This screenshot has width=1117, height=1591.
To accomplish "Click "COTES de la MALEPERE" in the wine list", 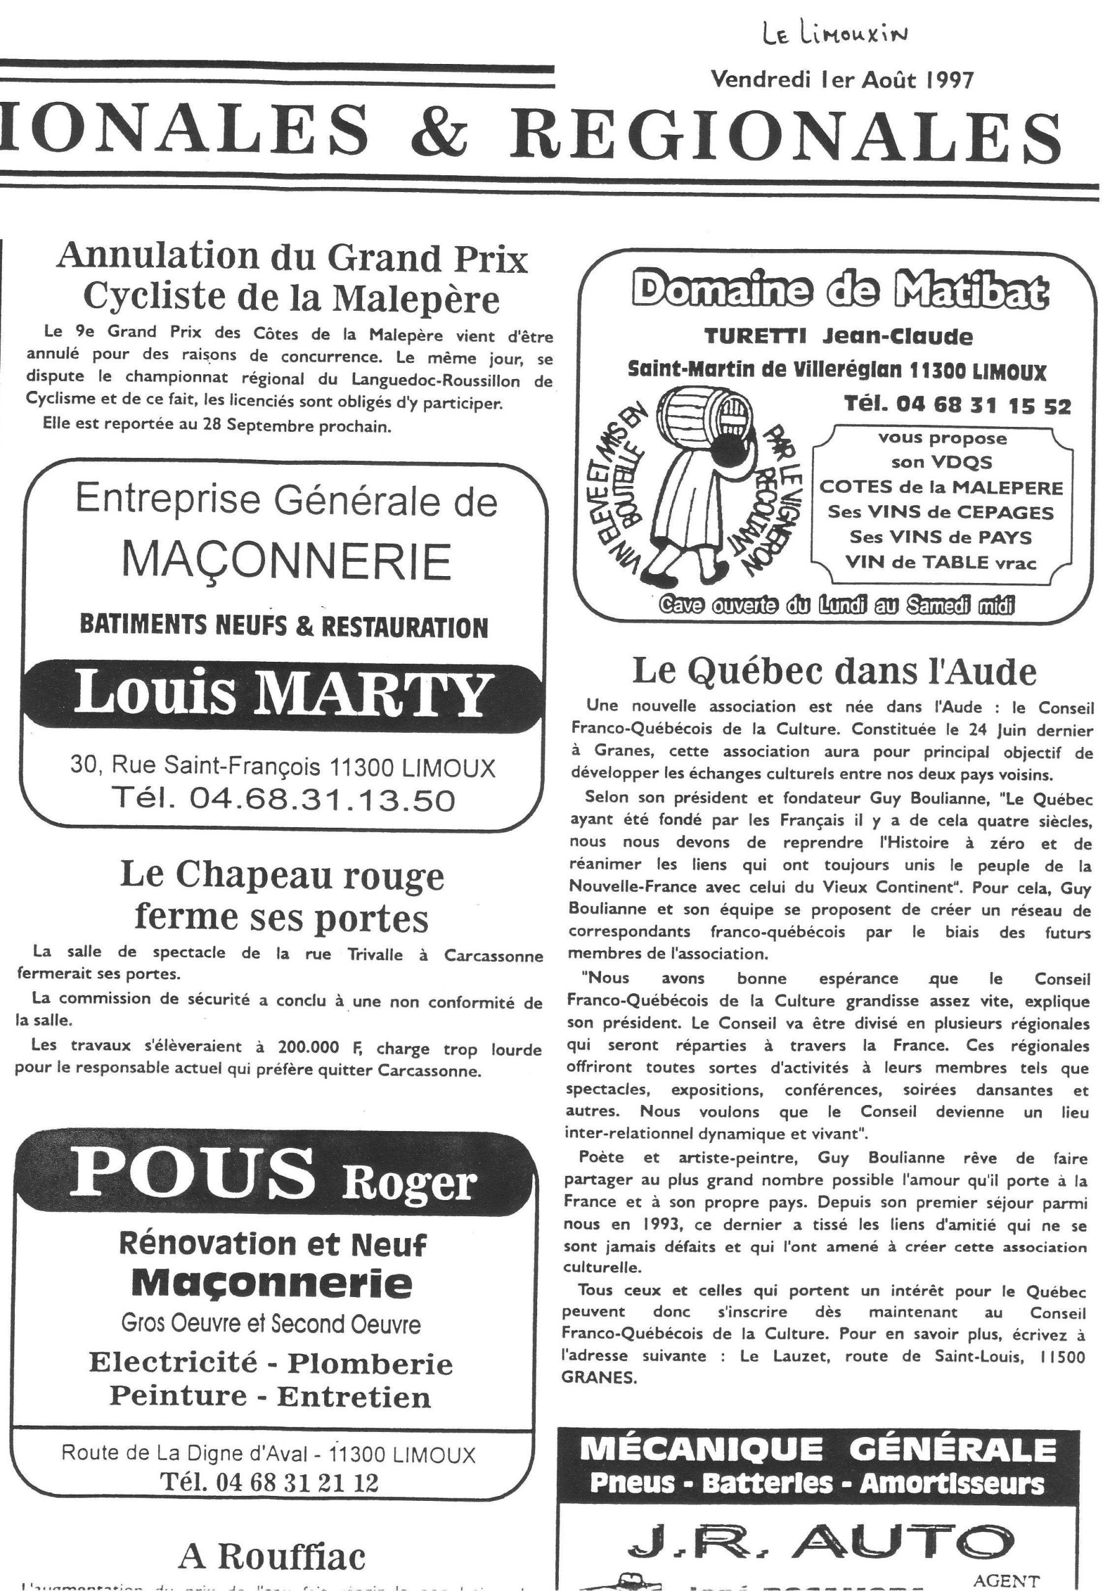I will click(x=941, y=487).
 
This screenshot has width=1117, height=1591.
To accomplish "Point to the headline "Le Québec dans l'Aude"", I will click(x=834, y=671).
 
